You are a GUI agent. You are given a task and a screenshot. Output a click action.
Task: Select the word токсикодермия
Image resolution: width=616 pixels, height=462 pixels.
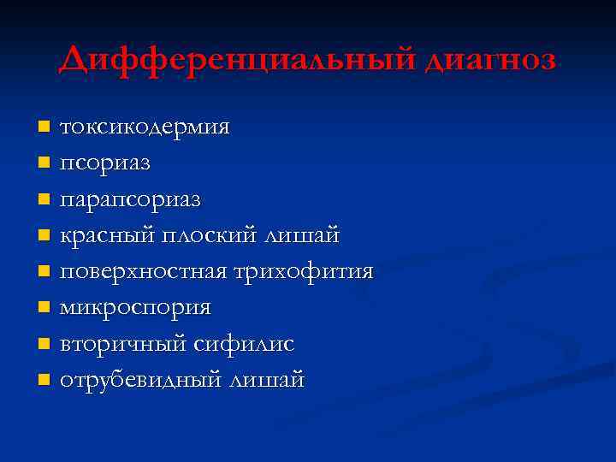pyautogui.click(x=144, y=127)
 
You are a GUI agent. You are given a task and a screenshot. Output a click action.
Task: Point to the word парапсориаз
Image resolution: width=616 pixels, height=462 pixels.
pyautogui.click(x=130, y=200)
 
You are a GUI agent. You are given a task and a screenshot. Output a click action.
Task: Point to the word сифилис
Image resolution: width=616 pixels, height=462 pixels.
pyautogui.click(x=243, y=344)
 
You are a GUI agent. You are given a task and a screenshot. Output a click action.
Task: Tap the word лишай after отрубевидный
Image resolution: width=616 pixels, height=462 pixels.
pyautogui.click(x=265, y=380)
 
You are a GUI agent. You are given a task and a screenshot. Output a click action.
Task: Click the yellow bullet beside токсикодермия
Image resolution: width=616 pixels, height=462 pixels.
pyautogui.click(x=44, y=127)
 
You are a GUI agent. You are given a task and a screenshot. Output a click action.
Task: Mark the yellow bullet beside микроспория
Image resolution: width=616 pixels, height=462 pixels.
pyautogui.click(x=44, y=307)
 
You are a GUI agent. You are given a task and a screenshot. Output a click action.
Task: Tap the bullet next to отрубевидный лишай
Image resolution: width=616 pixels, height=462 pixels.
pyautogui.click(x=44, y=379)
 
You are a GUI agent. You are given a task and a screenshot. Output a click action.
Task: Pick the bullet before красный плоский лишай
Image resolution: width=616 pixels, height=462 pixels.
pyautogui.click(x=44, y=235)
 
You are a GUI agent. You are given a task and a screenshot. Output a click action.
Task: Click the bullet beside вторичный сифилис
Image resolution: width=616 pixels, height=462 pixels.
pyautogui.click(x=44, y=343)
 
